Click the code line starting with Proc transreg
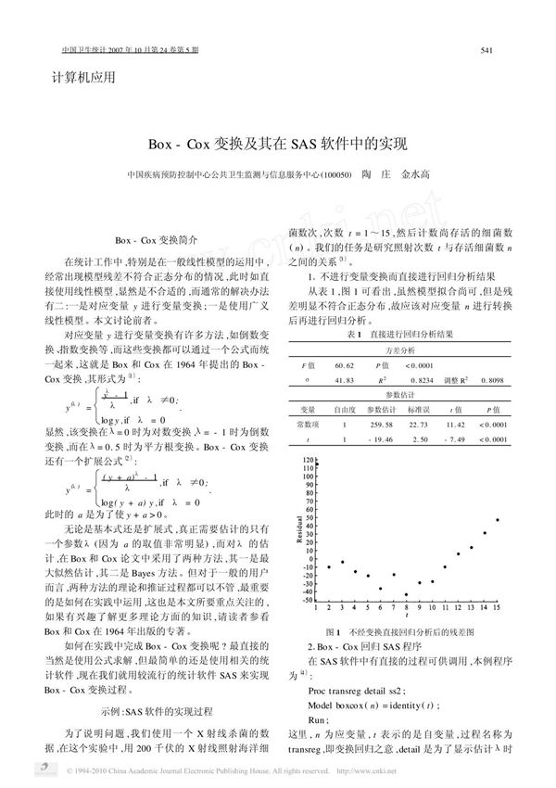(x=356, y=691)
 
